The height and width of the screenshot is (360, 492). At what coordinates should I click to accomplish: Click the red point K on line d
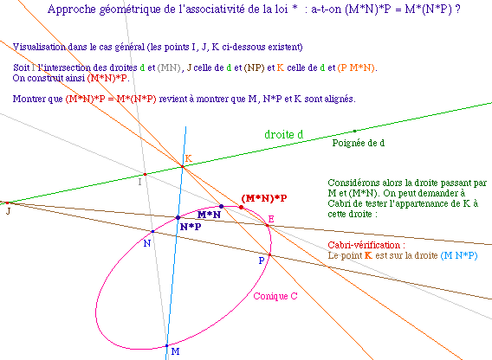click(x=182, y=166)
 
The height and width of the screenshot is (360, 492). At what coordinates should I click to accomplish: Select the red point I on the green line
click(x=145, y=174)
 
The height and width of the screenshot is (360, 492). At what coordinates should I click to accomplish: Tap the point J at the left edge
click(x=8, y=202)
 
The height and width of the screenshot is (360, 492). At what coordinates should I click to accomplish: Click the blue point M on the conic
click(x=167, y=345)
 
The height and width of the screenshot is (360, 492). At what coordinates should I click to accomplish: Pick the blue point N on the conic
click(x=152, y=231)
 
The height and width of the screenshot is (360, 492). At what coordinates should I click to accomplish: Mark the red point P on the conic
click(x=269, y=255)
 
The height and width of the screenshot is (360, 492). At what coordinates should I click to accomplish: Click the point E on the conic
click(x=268, y=225)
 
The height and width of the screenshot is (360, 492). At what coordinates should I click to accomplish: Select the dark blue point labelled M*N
click(x=221, y=206)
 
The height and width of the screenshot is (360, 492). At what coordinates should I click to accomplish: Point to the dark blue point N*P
click(x=178, y=217)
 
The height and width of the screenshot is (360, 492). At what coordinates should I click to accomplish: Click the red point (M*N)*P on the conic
click(x=241, y=208)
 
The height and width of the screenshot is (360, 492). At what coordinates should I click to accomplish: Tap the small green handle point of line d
click(x=354, y=131)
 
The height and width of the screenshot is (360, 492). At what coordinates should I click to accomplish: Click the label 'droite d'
click(x=283, y=134)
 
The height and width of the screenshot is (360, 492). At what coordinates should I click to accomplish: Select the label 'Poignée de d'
click(x=359, y=143)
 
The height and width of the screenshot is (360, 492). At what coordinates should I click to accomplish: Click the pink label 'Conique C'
click(x=275, y=296)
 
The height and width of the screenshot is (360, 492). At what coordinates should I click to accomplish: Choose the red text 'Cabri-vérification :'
click(x=366, y=245)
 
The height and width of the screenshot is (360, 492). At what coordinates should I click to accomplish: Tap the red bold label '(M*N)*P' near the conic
click(x=264, y=198)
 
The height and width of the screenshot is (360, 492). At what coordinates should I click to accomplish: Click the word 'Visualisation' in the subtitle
click(x=39, y=47)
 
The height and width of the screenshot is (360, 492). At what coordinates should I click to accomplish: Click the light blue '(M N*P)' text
click(x=459, y=255)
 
